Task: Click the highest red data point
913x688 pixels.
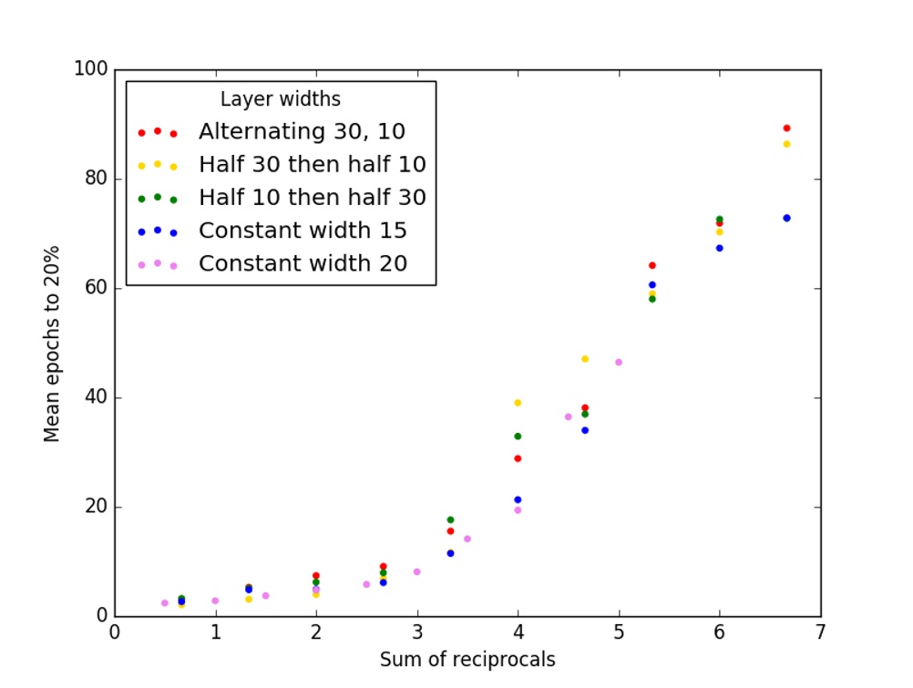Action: [x=786, y=128]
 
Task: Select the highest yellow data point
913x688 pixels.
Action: [x=786, y=144]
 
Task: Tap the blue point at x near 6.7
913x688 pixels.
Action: [x=786, y=218]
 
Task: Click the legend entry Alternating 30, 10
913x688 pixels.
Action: [x=302, y=131]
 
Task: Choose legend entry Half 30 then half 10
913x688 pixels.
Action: [x=313, y=165]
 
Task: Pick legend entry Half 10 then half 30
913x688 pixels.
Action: [x=313, y=198]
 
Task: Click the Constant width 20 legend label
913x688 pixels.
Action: [x=303, y=264]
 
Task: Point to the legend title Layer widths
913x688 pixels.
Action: [x=281, y=98]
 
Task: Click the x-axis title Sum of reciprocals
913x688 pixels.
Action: [x=467, y=660]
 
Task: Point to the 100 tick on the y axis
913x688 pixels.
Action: [x=91, y=70]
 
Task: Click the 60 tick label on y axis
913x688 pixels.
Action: [x=96, y=289]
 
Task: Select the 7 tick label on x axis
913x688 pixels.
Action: [x=820, y=632]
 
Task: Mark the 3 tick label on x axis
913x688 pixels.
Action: [x=417, y=632]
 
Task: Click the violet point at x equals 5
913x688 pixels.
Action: [x=619, y=362]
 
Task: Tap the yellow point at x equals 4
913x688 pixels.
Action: [x=518, y=403]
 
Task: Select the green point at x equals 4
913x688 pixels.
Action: [x=518, y=436]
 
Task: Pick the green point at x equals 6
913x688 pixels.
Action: [x=720, y=219]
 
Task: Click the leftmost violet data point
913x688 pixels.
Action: [x=165, y=603]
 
